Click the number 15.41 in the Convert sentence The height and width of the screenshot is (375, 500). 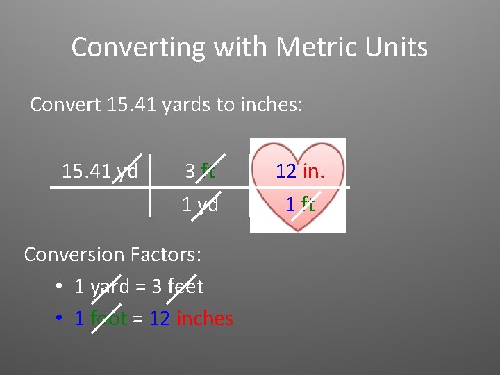(x=134, y=105)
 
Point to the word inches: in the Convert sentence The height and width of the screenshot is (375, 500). (x=271, y=105)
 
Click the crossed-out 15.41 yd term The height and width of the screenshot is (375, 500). (x=100, y=171)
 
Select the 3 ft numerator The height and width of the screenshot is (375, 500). (x=200, y=171)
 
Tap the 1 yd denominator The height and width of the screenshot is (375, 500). (x=200, y=205)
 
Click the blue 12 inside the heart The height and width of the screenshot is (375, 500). (x=286, y=172)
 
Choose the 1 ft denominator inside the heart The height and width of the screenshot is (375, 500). (x=300, y=205)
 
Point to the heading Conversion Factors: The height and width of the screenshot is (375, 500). (x=112, y=255)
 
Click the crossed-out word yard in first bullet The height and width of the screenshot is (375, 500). (x=109, y=286)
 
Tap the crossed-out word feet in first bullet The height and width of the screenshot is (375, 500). (x=185, y=286)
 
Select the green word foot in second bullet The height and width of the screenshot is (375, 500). (x=108, y=318)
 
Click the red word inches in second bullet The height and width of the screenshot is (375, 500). (x=205, y=318)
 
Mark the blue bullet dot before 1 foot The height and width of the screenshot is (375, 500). (x=60, y=319)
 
